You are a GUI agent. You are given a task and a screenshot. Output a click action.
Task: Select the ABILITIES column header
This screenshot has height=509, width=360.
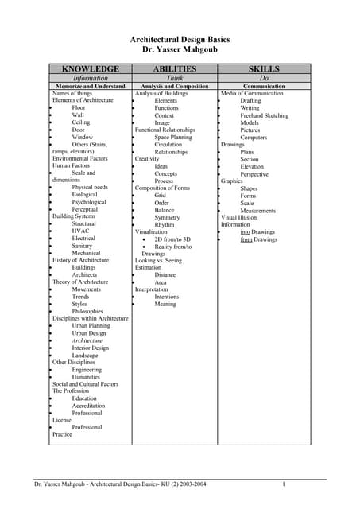174,69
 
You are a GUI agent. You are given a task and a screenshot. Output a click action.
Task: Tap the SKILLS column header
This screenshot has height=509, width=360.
264,69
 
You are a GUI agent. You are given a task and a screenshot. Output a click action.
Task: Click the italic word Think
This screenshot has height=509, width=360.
174,78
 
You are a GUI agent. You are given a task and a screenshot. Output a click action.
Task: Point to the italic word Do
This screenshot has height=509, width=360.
264,78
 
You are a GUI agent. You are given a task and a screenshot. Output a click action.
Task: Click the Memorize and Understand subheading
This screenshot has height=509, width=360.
91,86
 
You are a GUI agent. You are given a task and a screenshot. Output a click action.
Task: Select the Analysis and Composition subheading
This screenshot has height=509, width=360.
174,86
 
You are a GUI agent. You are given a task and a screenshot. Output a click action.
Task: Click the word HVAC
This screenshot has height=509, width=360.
80,231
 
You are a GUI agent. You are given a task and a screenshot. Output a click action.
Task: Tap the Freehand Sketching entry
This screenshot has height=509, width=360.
265,115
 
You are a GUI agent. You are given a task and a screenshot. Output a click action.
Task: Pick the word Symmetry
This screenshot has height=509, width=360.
167,217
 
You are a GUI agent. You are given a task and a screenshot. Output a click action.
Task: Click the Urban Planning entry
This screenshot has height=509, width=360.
91,325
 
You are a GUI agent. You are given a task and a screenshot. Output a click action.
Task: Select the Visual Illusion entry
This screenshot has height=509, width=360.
238,217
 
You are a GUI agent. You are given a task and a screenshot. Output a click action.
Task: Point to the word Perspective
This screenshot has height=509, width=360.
254,173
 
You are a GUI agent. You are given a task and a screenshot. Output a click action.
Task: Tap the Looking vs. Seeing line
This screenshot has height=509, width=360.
158,260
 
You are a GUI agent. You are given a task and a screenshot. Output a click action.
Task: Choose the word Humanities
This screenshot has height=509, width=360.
87,377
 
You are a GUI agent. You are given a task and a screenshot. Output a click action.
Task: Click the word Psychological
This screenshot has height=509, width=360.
88,202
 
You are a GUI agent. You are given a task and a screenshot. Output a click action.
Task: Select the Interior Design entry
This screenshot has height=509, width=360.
90,348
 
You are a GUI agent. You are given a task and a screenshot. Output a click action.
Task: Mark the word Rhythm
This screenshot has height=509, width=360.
165,224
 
